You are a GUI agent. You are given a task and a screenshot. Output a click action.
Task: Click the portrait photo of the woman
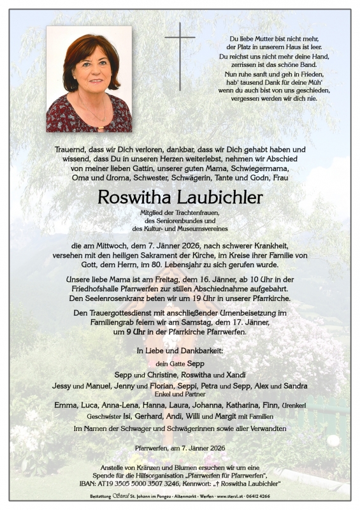point(89,79)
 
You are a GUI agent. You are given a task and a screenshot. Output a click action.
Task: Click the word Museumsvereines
point(204,228)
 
